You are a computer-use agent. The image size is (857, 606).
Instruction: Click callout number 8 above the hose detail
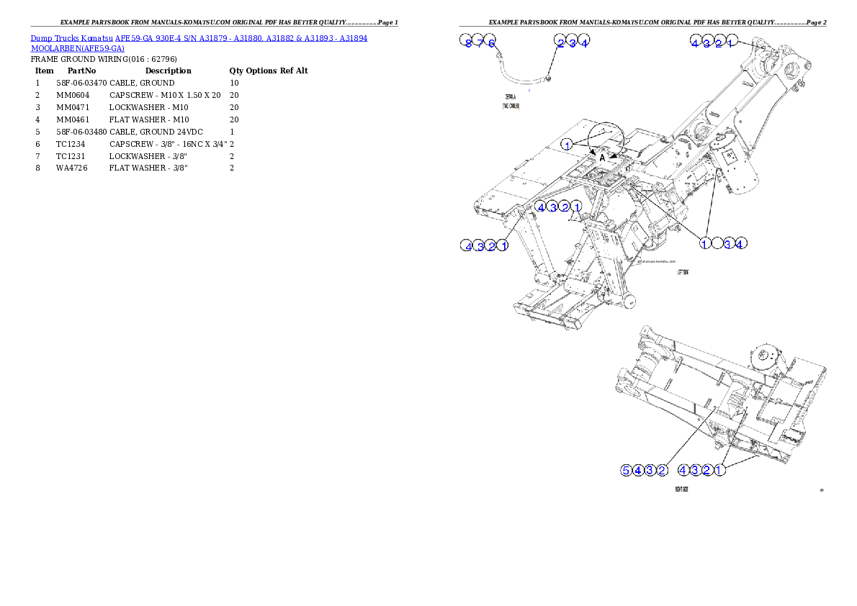[467, 43]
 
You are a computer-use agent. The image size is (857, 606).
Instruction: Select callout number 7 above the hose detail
[480, 43]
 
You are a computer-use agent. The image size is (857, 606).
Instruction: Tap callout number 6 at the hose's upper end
[491, 43]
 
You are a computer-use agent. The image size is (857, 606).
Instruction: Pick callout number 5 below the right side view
[627, 471]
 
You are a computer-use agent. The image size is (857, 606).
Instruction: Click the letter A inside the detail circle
[602, 158]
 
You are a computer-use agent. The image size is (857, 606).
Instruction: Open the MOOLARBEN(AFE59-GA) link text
[77, 48]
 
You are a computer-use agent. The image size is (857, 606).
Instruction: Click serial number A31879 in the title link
[215, 37]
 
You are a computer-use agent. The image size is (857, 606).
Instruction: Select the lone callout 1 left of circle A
[567, 145]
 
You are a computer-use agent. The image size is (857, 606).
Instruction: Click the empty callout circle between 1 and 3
[717, 243]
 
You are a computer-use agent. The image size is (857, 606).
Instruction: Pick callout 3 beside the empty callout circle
[728, 243]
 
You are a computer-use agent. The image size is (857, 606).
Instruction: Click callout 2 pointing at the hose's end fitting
[560, 43]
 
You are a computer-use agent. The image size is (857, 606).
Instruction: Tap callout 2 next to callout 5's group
[661, 471]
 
